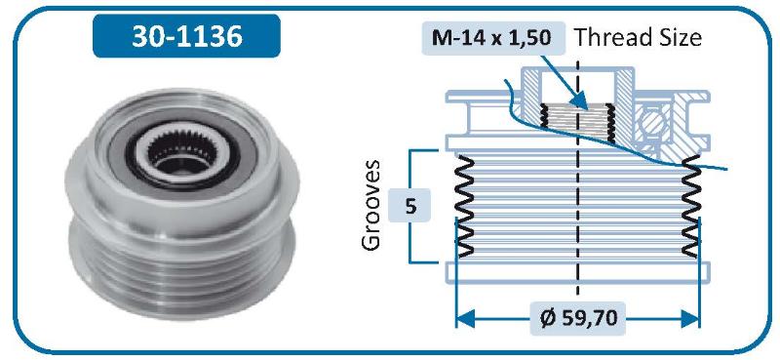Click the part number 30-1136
coord(186,36)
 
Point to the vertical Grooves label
coord(371,205)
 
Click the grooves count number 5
coord(410,206)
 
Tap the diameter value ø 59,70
coord(578,318)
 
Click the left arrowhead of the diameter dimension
coord(465,318)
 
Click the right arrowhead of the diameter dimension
coord(690,318)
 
